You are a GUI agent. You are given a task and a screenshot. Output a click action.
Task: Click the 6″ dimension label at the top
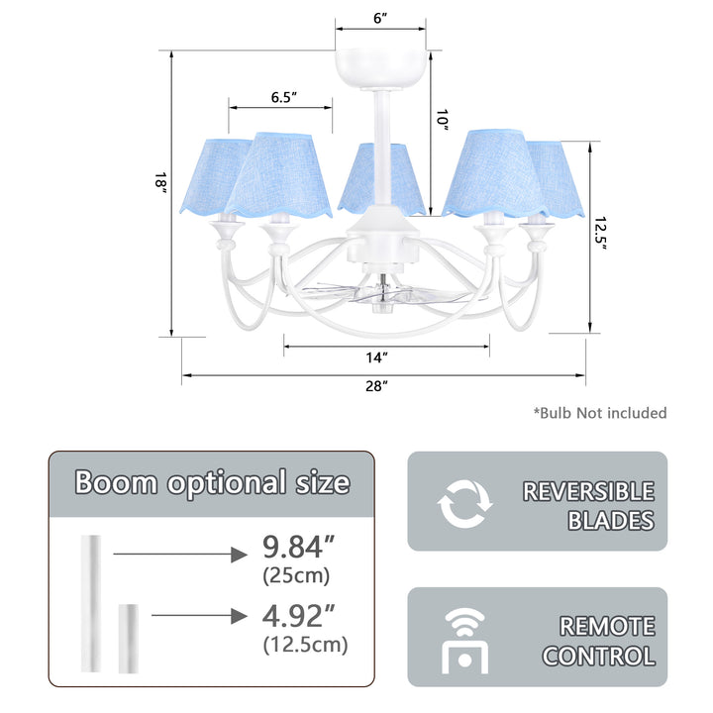click(380, 18)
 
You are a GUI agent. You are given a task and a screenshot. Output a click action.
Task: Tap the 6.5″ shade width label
click(284, 97)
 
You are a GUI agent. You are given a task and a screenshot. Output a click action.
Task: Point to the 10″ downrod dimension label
click(442, 120)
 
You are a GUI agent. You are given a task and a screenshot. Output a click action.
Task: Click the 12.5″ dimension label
click(601, 234)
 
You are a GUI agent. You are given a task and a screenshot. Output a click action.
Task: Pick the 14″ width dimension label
click(377, 357)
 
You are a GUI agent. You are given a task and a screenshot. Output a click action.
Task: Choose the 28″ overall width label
click(377, 386)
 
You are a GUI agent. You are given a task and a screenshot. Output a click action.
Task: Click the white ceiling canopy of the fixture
click(381, 69)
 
